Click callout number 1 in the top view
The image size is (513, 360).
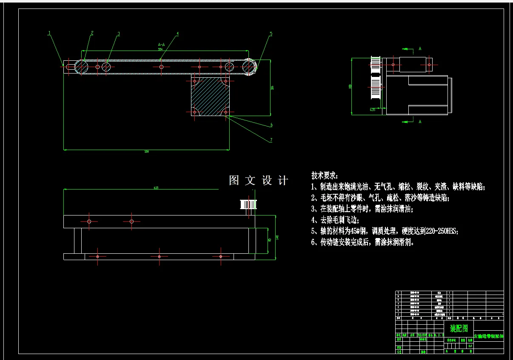pyautogui.click(x=49, y=32)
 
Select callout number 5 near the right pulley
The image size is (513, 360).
pyautogui.click(x=271, y=34)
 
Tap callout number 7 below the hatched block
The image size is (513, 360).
pyautogui.click(x=271, y=140)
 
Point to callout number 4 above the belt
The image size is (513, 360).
pyautogui.click(x=177, y=33)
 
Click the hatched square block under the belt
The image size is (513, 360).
pyautogui.click(x=210, y=96)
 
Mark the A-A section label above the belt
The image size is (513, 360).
pyautogui.click(x=161, y=44)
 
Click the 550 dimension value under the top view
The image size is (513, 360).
pyautogui.click(x=147, y=151)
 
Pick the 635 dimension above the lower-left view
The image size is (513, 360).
pyautogui.click(x=156, y=188)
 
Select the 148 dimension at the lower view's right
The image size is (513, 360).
pyautogui.click(x=277, y=238)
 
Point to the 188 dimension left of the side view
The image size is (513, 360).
pyautogui.click(x=350, y=86)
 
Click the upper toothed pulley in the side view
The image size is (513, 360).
pyautogui.click(x=375, y=64)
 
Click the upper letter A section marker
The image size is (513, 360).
pyautogui.click(x=420, y=49)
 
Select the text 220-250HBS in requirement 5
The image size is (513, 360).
pyautogui.click(x=442, y=231)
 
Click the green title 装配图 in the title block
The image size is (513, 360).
pyautogui.click(x=459, y=328)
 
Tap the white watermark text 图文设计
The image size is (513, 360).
pyautogui.click(x=259, y=180)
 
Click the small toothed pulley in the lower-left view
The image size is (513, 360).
pyautogui.click(x=248, y=204)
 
